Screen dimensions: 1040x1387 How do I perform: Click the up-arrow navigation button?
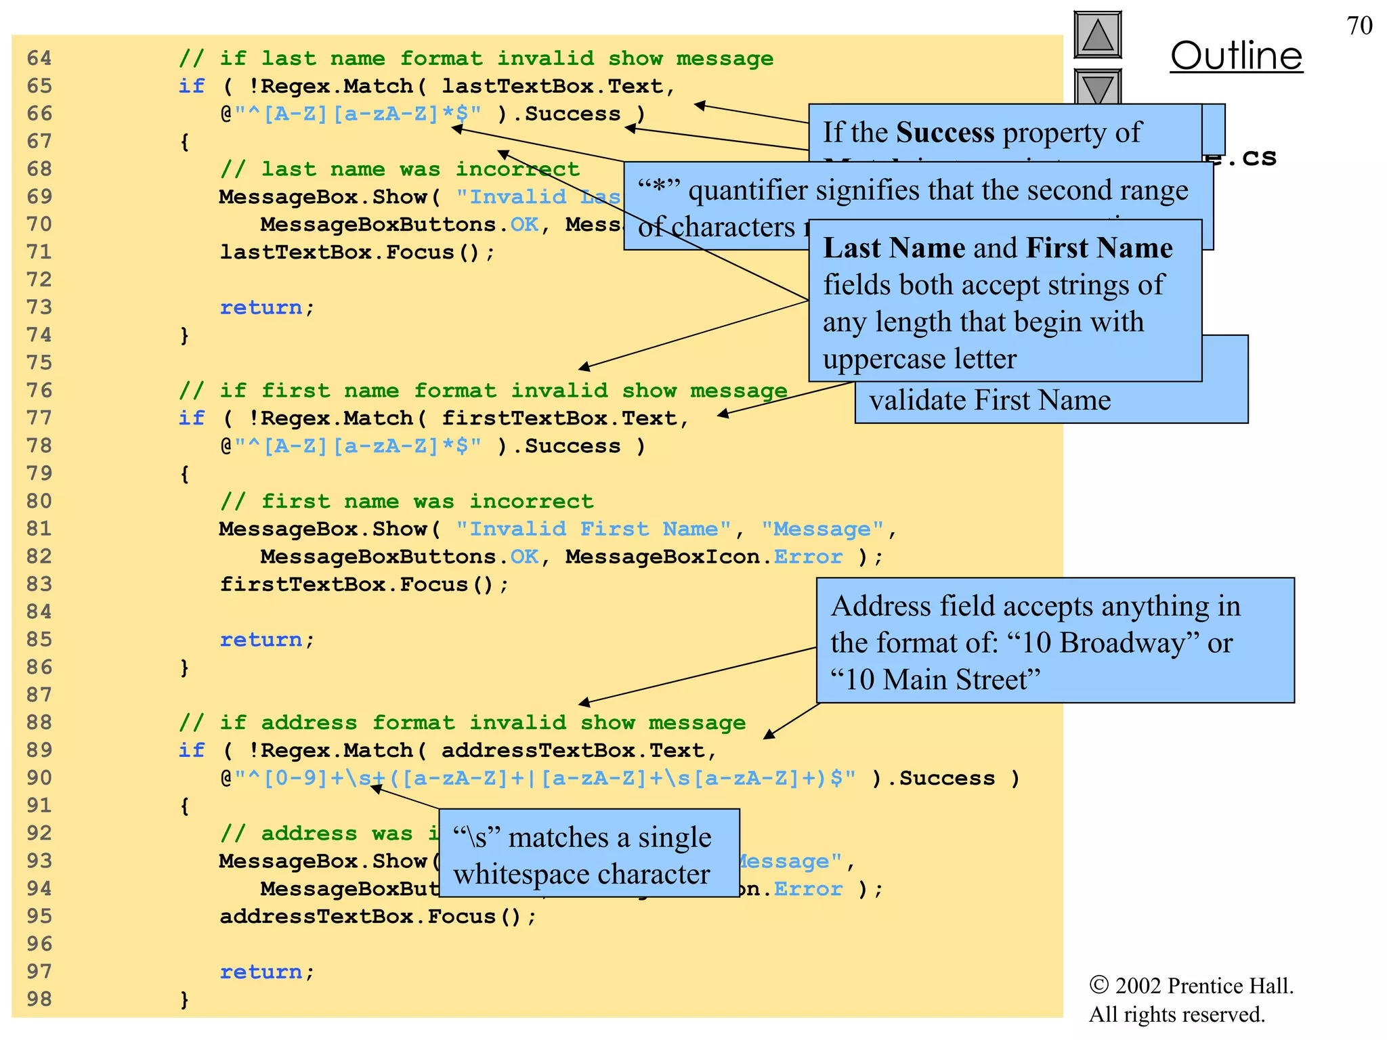click(1097, 35)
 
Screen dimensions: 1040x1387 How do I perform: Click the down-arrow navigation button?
click(1097, 87)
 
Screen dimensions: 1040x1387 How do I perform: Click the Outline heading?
click(1236, 56)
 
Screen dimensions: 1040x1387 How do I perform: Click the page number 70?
click(1359, 26)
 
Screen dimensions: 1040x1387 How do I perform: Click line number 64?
click(39, 58)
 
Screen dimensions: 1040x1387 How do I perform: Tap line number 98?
click(39, 999)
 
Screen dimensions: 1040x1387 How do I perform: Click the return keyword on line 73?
click(261, 307)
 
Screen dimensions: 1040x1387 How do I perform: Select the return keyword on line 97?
click(261, 972)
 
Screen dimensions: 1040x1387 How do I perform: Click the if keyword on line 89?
click(192, 750)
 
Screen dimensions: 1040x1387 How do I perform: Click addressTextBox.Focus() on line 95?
click(377, 917)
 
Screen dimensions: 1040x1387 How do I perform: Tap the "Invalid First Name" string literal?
click(593, 529)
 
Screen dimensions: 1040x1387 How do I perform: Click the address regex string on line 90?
click(545, 778)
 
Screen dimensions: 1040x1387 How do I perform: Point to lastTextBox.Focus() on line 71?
click(356, 253)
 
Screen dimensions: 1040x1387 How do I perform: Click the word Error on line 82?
click(808, 557)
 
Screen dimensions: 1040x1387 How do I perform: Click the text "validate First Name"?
click(989, 400)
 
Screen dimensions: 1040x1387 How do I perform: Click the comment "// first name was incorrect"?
click(406, 502)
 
